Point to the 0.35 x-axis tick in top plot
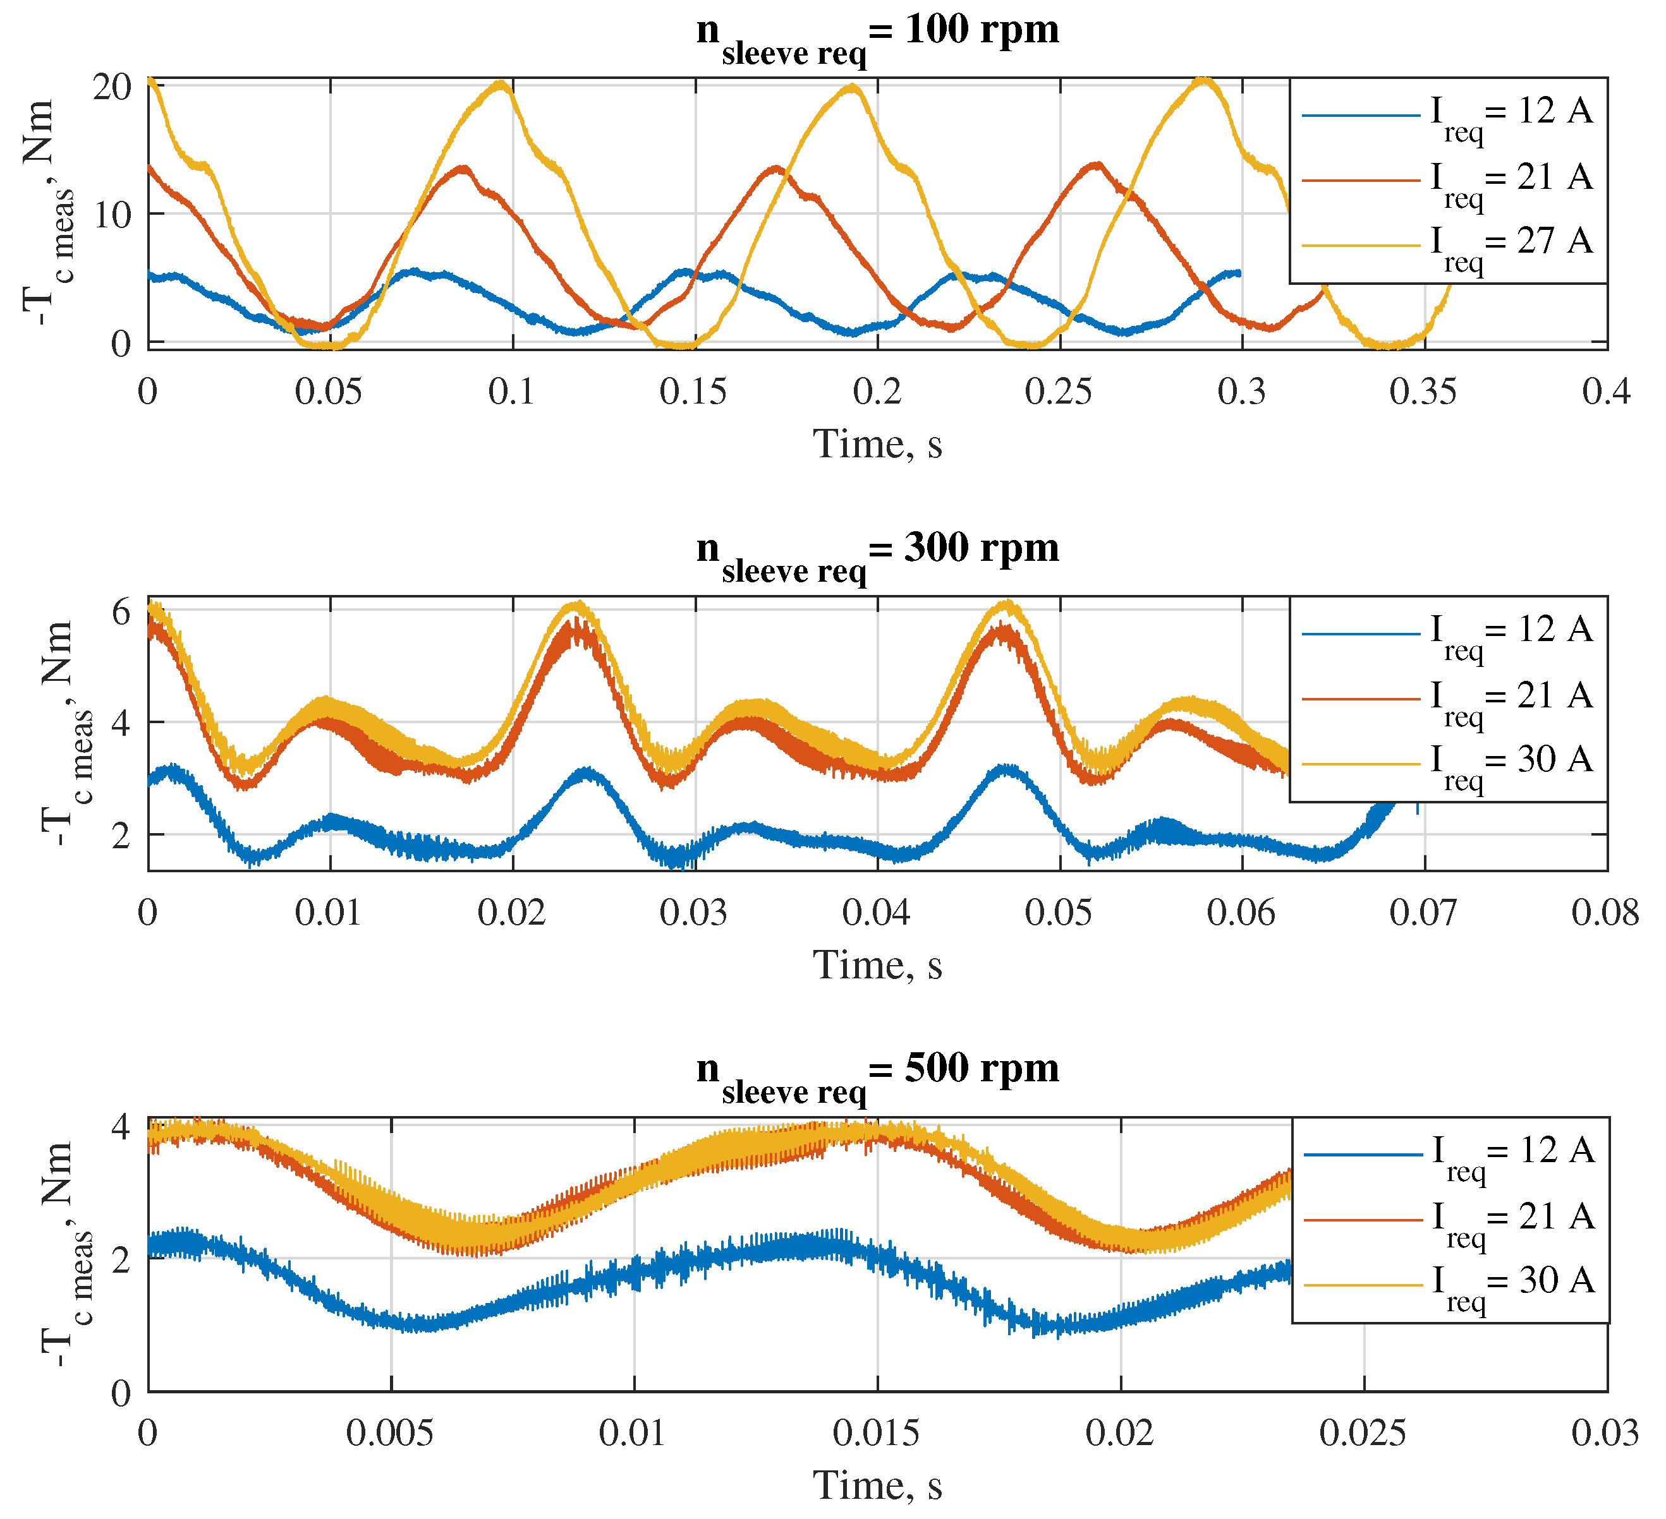tap(1423, 392)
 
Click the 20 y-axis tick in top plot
tap(112, 87)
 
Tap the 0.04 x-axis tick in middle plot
tap(876, 913)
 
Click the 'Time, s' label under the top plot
tap(878, 445)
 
